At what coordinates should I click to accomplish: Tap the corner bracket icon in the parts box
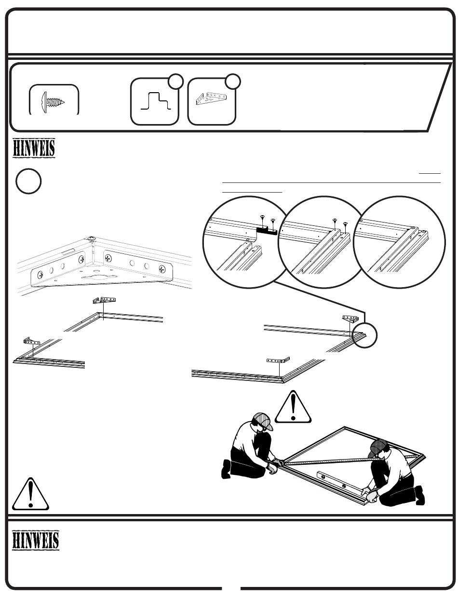[211, 100]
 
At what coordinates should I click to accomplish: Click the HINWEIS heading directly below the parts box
[34, 148]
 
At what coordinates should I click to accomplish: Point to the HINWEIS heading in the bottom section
[36, 540]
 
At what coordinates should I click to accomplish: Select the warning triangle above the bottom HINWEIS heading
[30, 494]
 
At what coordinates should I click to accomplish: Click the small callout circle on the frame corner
[365, 334]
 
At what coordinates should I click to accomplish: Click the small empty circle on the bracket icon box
[233, 82]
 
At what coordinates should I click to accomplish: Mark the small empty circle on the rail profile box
[176, 82]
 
